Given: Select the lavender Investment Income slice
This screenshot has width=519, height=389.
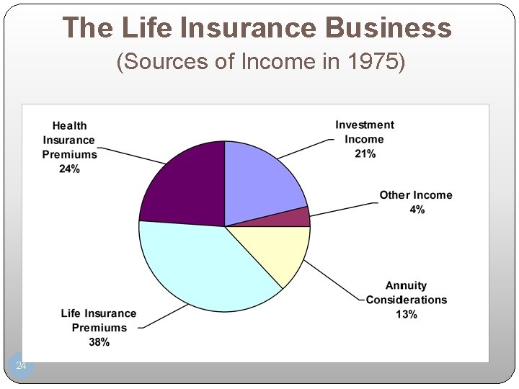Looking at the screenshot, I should click(263, 180).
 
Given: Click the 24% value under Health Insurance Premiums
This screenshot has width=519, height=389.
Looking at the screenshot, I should click(69, 169).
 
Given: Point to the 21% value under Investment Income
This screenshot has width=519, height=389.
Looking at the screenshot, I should click(365, 154).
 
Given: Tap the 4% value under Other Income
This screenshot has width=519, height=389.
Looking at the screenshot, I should click(417, 210).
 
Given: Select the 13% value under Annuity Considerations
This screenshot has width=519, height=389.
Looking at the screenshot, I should click(406, 315).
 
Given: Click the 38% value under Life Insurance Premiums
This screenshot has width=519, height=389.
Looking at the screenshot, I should click(99, 342).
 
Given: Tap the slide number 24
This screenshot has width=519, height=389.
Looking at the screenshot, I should click(22, 367).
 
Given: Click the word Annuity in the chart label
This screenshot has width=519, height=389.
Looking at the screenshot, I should click(406, 286).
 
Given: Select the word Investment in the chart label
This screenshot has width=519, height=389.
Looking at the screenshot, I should click(365, 125).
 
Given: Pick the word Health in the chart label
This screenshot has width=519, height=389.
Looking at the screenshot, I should click(69, 126).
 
